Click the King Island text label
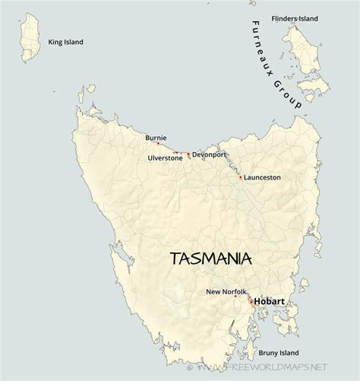(x=65, y=43)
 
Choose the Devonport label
(x=209, y=154)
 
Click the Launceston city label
(x=263, y=177)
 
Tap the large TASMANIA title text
(x=211, y=259)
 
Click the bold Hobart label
(x=270, y=302)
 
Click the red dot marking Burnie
(x=158, y=144)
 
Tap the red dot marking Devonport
(x=188, y=154)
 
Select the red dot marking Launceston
(x=241, y=178)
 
